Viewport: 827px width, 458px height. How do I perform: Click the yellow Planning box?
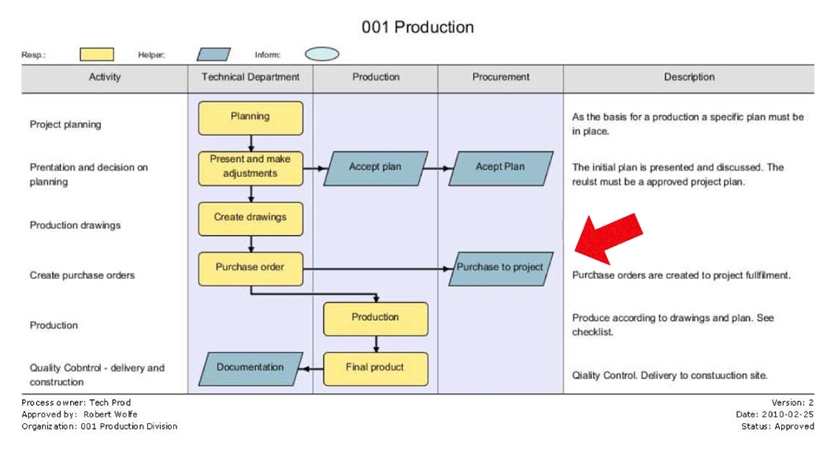point(250,117)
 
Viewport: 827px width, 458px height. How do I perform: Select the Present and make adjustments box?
point(250,169)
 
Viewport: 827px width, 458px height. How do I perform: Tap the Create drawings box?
point(250,218)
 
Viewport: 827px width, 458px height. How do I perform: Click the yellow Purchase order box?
point(250,269)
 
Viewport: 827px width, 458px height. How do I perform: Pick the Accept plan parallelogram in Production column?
point(376,169)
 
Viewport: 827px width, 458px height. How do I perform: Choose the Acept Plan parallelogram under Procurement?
point(500,169)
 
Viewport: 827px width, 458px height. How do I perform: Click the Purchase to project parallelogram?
point(500,269)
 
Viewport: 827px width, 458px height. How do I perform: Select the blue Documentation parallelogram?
point(250,369)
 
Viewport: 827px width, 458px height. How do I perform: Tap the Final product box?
point(376,369)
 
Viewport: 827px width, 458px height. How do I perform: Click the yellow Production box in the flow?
point(376,318)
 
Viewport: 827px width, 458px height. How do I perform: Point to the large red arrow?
point(607,238)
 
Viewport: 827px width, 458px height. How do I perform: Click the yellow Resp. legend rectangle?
point(97,54)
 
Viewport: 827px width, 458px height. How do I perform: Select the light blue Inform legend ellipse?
point(321,54)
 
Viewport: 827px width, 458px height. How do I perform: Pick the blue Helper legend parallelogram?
point(213,54)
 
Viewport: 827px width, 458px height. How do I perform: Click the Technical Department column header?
point(250,77)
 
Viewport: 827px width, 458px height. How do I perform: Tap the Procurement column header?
point(500,77)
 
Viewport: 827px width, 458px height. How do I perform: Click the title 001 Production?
point(417,27)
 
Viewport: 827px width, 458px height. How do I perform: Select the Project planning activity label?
point(65,125)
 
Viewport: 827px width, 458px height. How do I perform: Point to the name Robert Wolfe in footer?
point(110,414)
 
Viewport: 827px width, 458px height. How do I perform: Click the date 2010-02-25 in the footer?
point(787,415)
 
